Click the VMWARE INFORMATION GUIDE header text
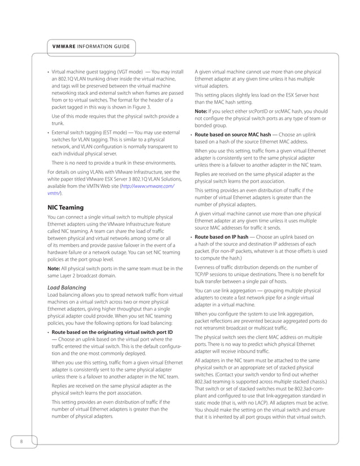pos(91,46)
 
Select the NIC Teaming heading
pos(65,208)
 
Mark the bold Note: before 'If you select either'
pos(201,111)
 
